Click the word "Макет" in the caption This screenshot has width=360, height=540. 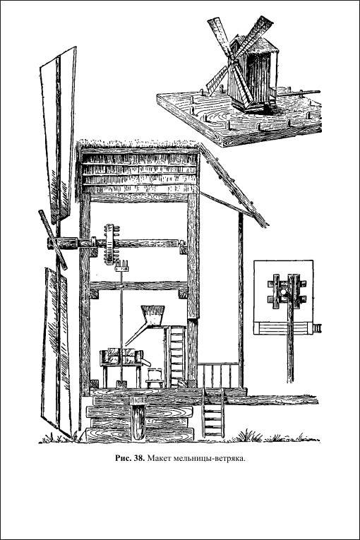159,458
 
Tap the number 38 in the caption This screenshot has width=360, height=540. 139,458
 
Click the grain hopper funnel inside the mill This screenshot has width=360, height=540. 153,316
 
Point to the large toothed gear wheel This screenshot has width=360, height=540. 110,244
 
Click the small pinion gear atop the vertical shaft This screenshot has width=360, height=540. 121,266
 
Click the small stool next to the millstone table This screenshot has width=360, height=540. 154,378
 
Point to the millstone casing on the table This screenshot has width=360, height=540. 121,356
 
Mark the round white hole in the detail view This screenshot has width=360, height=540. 284,292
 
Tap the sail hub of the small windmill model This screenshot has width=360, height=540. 232,62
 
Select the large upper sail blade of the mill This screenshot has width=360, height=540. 59,134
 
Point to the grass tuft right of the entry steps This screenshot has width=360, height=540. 248,436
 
